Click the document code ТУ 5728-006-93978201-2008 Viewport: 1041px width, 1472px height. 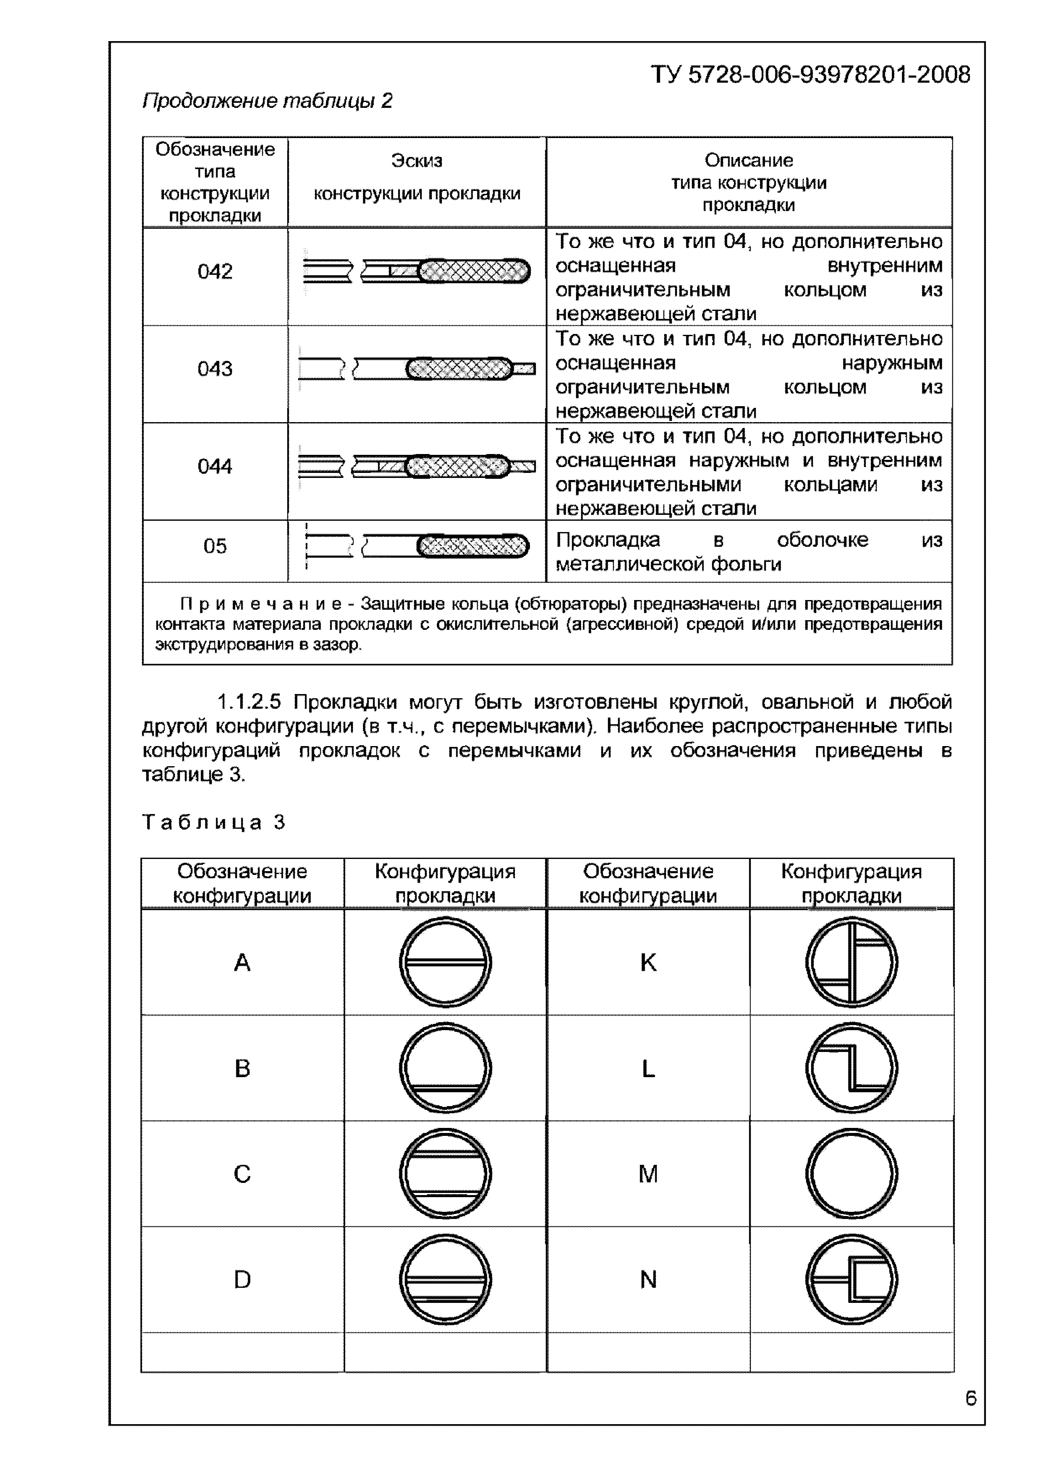click(x=810, y=75)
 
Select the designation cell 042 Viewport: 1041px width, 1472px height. click(x=215, y=272)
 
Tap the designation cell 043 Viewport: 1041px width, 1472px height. click(x=215, y=369)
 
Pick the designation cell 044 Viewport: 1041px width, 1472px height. click(x=215, y=466)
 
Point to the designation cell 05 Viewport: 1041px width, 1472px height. click(x=215, y=546)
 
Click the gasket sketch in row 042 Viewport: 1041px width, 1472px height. click(x=417, y=271)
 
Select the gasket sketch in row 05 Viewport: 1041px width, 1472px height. click(x=417, y=546)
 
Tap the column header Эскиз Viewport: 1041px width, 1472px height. click(x=417, y=160)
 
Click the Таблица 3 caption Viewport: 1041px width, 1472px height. click(x=214, y=822)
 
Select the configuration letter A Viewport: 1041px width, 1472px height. click(x=242, y=962)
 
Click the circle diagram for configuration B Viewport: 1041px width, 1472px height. click(x=445, y=1068)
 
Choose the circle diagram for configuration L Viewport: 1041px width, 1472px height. click(x=851, y=1068)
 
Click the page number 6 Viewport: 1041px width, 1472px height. click(x=970, y=1398)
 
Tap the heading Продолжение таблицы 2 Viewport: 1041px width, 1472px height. click(x=267, y=101)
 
